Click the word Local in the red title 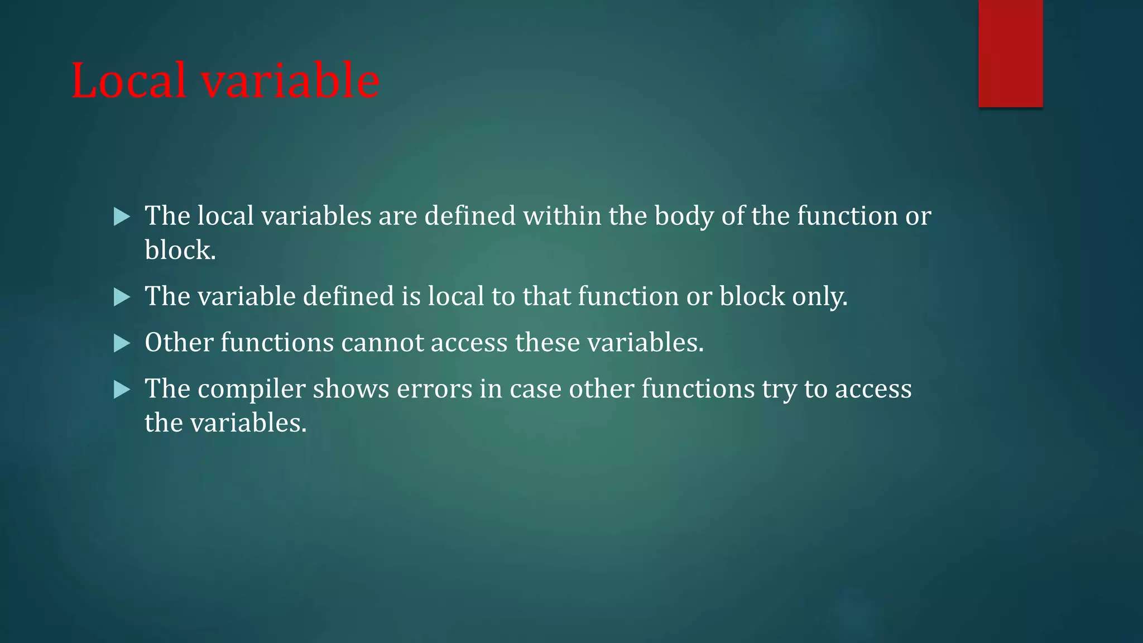[x=128, y=81]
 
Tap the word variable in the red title [x=290, y=81]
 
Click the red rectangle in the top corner [x=1010, y=53]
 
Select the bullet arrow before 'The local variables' [x=121, y=217]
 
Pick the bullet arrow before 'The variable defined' [x=121, y=297]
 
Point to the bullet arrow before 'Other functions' [x=121, y=343]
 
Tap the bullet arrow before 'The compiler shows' [x=121, y=390]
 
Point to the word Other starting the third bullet [x=179, y=343]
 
